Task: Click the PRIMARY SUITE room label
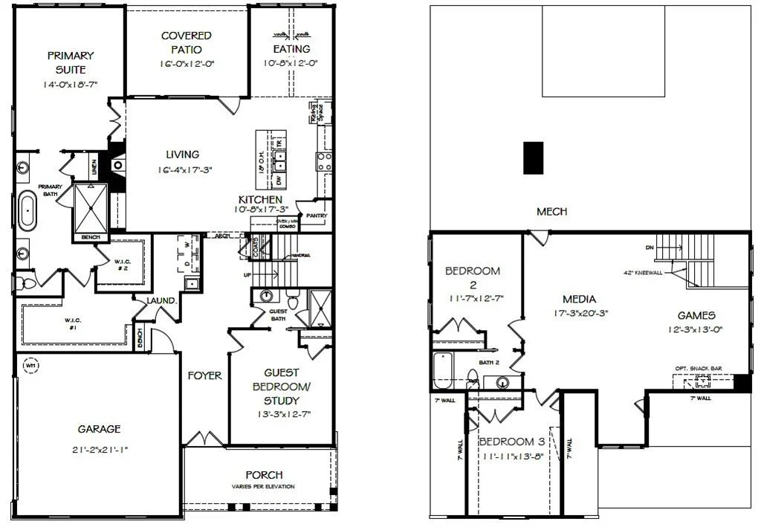click(x=71, y=62)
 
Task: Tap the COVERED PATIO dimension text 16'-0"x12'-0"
click(x=187, y=64)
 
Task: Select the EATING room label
click(x=291, y=49)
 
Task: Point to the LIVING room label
click(x=183, y=155)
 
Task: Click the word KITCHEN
click(x=260, y=200)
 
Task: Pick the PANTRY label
click(x=317, y=216)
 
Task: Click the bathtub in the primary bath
click(x=27, y=210)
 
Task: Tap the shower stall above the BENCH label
click(x=91, y=208)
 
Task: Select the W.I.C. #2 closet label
click(x=123, y=265)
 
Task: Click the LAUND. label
click(x=161, y=301)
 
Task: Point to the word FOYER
click(x=204, y=375)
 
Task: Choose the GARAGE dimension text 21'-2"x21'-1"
click(x=99, y=449)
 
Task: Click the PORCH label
click(x=264, y=475)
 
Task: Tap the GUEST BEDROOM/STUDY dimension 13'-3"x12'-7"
click(x=281, y=413)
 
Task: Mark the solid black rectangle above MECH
click(x=533, y=158)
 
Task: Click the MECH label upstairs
click(x=551, y=212)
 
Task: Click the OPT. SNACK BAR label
click(x=698, y=368)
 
